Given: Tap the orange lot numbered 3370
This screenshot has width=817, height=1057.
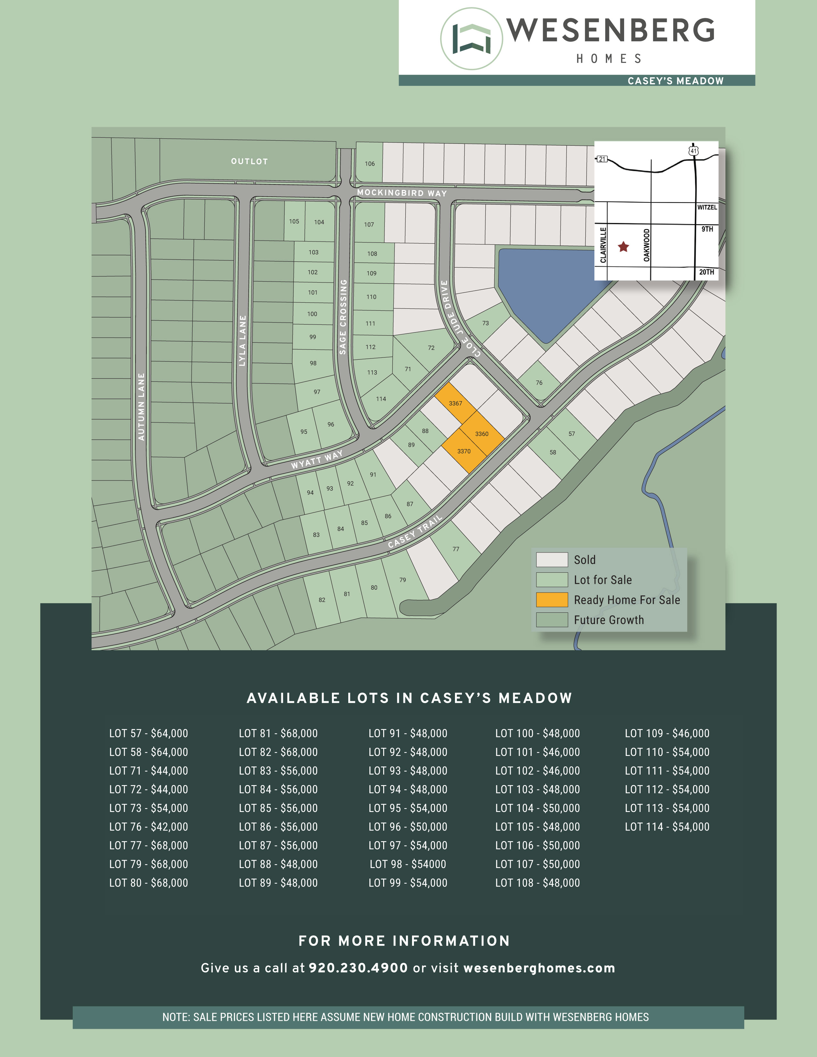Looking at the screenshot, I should point(464,451).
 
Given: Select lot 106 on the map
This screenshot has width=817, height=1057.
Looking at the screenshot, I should point(369,164).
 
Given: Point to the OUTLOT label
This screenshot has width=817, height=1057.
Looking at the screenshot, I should point(249,161).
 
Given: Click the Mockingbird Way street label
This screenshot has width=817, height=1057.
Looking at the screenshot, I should point(402,193).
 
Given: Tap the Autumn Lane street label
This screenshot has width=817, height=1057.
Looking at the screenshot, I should point(141,406).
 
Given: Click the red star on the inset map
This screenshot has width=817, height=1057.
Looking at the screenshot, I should point(623,247).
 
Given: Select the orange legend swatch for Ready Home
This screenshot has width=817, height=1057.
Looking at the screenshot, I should point(552,600).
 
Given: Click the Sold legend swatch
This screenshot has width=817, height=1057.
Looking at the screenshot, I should point(552,560).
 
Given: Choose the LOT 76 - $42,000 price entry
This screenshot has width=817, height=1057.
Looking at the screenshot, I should point(149,827).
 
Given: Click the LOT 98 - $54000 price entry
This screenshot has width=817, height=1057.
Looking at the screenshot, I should point(408,864).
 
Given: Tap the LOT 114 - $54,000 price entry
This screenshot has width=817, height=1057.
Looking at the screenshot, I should point(667,827).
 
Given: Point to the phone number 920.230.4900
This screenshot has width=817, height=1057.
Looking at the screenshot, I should point(358,968).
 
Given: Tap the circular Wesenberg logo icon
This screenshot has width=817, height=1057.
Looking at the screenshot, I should point(471,39).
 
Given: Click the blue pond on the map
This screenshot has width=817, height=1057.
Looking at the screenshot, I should point(547,291).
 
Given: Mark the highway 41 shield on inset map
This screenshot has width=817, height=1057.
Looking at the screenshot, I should point(694,151).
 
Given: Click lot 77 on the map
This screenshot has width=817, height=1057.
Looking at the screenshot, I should point(456,549).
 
